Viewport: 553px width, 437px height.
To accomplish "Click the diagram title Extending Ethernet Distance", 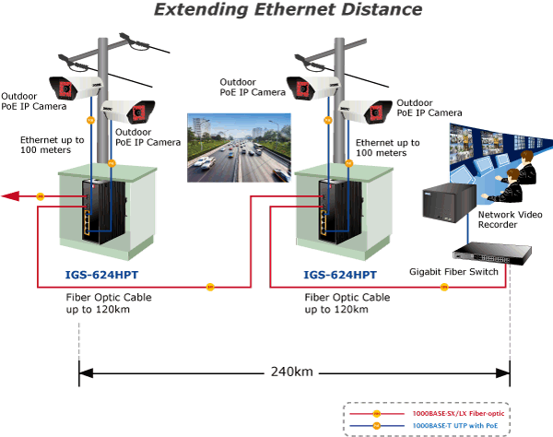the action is (288, 9).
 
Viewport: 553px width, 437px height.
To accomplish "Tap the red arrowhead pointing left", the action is (10, 196).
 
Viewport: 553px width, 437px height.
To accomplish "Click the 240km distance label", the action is (291, 372).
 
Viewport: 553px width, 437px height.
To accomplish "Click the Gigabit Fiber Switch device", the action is (492, 254).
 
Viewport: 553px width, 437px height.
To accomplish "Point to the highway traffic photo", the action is (239, 148).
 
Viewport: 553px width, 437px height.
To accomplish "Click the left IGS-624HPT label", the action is (101, 275).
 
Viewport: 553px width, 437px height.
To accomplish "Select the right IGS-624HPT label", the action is (340, 275).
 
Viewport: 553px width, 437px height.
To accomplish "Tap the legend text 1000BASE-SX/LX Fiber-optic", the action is (458, 413).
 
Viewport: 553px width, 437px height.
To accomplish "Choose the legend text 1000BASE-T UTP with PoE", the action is (455, 426).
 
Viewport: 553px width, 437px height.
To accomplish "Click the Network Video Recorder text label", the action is (510, 219).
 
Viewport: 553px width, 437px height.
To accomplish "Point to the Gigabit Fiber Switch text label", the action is (453, 272).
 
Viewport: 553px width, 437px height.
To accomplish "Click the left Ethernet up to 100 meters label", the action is (53, 145).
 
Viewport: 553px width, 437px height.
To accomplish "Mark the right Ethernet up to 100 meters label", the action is (388, 148).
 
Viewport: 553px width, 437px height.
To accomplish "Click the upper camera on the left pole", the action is (76, 88).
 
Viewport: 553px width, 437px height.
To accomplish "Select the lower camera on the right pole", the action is (365, 112).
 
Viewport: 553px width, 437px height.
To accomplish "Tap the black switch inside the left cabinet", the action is (103, 212).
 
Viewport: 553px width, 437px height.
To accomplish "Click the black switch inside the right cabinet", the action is (340, 212).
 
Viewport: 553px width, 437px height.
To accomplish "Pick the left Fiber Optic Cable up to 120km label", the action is (109, 303).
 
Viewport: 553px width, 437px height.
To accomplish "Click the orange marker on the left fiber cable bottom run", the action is (210, 287).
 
